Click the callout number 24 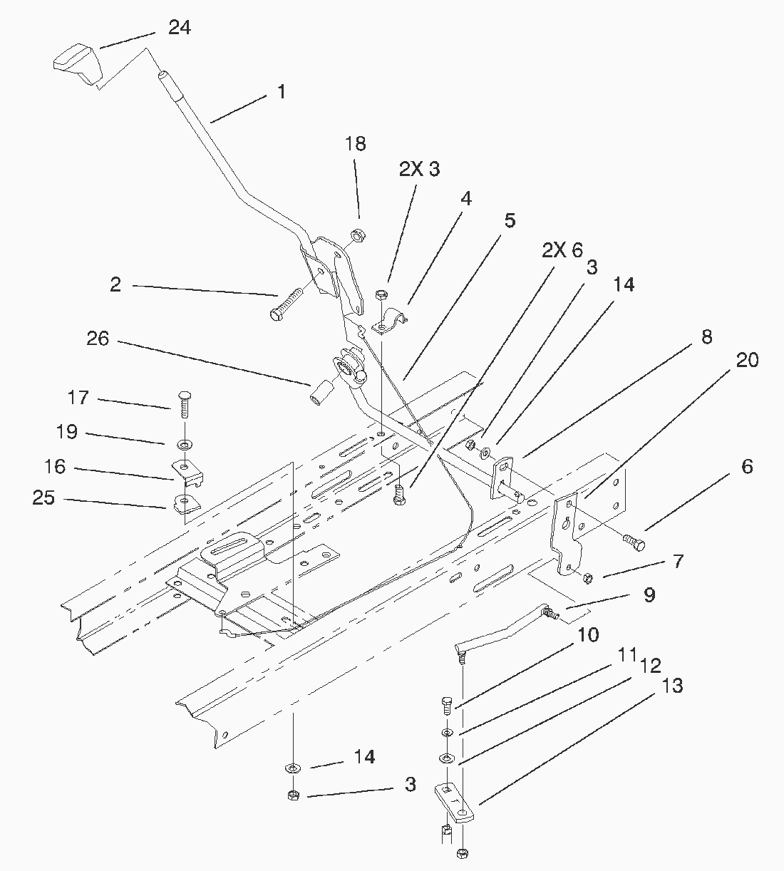(180, 28)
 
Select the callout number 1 (282, 92)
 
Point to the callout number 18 (356, 144)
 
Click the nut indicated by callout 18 (359, 236)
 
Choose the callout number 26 (98, 339)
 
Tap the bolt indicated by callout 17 (185, 404)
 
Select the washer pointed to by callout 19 (185, 445)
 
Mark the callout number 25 (44, 498)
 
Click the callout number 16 (55, 467)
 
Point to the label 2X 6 (562, 250)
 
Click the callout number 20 (748, 361)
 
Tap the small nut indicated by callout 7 (588, 578)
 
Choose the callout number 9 (649, 595)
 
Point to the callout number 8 (707, 337)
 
